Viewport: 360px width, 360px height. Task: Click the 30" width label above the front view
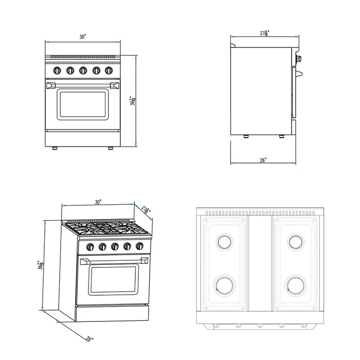(83, 37)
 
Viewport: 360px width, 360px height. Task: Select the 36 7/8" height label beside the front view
(132, 101)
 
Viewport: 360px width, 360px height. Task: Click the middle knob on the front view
(83, 70)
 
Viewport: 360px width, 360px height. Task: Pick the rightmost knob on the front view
(109, 70)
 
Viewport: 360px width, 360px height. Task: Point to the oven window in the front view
(83, 103)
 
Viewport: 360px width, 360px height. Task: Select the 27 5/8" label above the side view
(265, 33)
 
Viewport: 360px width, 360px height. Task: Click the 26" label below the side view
(263, 160)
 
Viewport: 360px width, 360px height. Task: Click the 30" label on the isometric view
(98, 202)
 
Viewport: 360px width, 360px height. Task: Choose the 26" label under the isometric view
(89, 339)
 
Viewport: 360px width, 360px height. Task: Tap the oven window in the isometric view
(115, 279)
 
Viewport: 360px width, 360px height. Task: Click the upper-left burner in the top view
(224, 241)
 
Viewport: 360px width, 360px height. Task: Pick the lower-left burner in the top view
(224, 284)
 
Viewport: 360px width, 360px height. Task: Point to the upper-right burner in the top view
(295, 241)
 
